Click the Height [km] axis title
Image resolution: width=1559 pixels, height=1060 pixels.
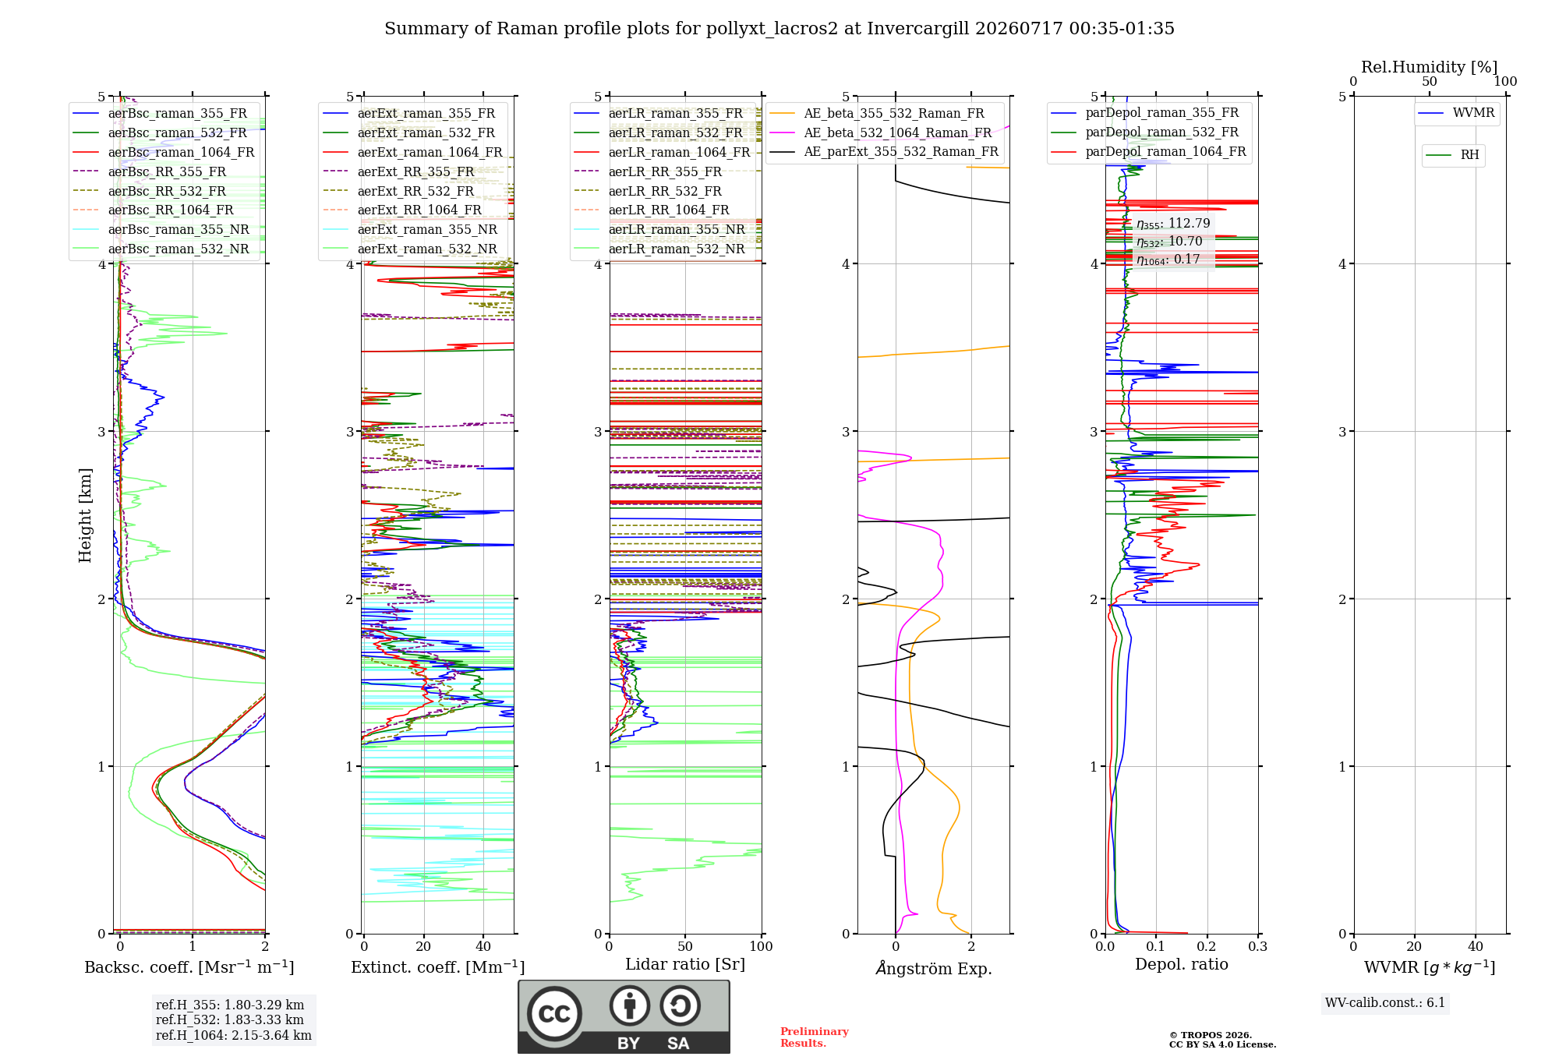coord(85,515)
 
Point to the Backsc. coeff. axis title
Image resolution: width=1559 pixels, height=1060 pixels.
coord(189,967)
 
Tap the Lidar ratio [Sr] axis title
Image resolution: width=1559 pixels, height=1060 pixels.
coord(685,965)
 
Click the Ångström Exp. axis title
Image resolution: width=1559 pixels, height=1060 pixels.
coord(934,968)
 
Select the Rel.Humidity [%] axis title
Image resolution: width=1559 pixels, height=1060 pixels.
coord(1430,67)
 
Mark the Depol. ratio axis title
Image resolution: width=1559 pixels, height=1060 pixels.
coord(1182,964)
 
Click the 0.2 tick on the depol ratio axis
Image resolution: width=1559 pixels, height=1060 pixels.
coord(1207,946)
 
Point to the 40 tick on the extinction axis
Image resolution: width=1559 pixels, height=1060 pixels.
coord(483,946)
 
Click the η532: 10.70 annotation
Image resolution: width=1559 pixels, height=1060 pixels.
coord(1169,242)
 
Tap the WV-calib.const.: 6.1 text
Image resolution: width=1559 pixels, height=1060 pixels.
coord(1385,1003)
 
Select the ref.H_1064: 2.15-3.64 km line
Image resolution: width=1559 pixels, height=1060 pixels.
coord(234,1036)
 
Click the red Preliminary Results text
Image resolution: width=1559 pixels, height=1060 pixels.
coord(815,1037)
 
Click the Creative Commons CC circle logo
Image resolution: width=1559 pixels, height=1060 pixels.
coord(554,1014)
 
